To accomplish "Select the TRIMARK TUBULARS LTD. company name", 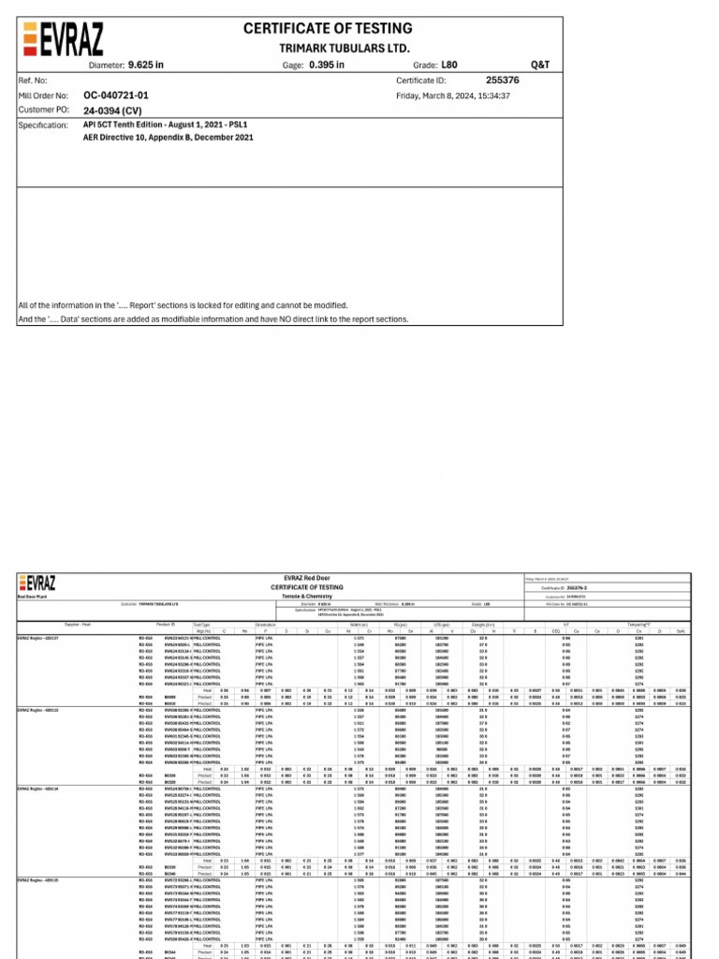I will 344,47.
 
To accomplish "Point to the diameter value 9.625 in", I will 146,65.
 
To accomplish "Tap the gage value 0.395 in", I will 326,65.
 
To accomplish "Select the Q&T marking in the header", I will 540,65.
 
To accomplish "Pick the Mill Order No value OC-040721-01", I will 116,96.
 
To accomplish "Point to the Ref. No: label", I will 33,81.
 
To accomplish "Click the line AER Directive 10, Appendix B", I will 168,137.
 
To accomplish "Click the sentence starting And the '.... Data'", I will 213,318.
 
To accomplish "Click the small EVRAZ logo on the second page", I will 36,583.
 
